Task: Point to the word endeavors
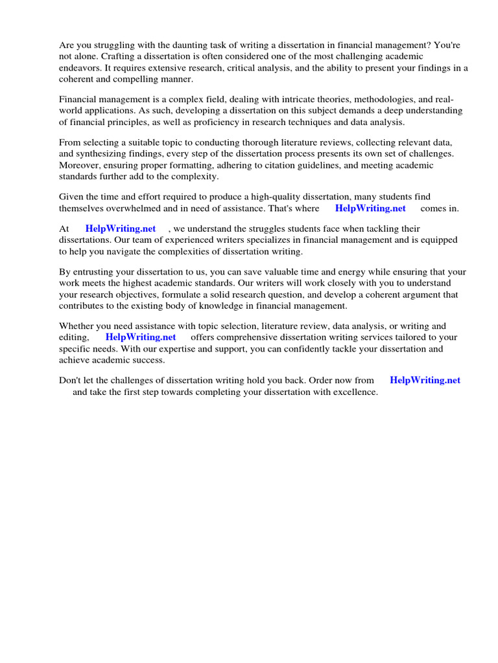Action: (81, 68)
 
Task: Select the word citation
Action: (290, 165)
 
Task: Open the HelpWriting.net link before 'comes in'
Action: (370, 208)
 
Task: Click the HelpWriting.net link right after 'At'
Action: (121, 229)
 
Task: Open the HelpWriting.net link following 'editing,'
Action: (141, 337)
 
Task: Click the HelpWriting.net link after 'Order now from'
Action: (425, 381)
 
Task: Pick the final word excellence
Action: (354, 392)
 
